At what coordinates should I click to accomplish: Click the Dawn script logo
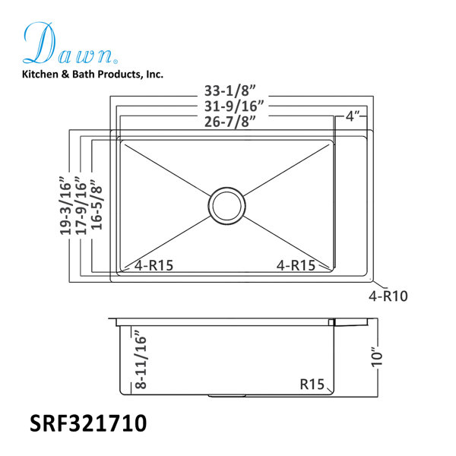[70, 43]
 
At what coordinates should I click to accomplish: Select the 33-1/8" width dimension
[230, 90]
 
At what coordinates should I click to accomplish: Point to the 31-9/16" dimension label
[234, 106]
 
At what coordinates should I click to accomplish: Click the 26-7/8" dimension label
[230, 122]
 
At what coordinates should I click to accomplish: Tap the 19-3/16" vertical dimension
[65, 205]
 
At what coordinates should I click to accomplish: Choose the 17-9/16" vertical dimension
[81, 205]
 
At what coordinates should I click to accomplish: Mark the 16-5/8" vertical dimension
[97, 205]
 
